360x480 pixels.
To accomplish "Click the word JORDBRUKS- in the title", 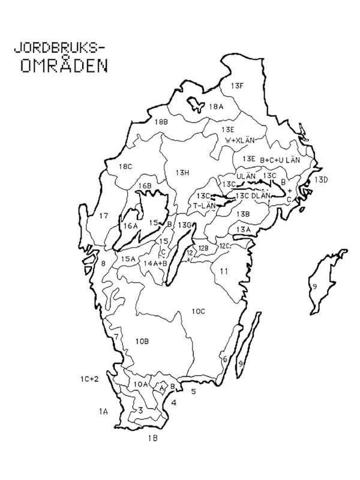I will (x=58, y=47).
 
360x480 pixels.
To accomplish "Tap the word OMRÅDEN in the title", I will (x=64, y=65).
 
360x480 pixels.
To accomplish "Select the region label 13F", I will (x=237, y=86).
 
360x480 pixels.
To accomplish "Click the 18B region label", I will (x=161, y=122).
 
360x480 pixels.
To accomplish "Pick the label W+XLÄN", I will (x=240, y=140).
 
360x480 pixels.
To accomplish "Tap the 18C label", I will (x=125, y=166).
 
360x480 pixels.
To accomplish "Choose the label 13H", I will (x=182, y=173).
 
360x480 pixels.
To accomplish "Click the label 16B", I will (x=145, y=186).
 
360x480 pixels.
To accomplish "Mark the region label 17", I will (x=104, y=216).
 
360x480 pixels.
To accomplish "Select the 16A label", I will (x=131, y=226).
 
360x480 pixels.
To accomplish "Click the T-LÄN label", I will (x=204, y=205).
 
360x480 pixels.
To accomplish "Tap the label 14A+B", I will (x=155, y=263).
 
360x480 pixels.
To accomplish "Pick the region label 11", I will (x=224, y=271).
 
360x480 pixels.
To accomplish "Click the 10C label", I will (x=199, y=311).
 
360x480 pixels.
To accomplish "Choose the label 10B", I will (x=142, y=341).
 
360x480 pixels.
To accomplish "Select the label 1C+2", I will (x=89, y=379).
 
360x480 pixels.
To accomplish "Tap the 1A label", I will (x=103, y=411).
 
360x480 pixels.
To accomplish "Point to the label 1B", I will (x=153, y=439).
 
